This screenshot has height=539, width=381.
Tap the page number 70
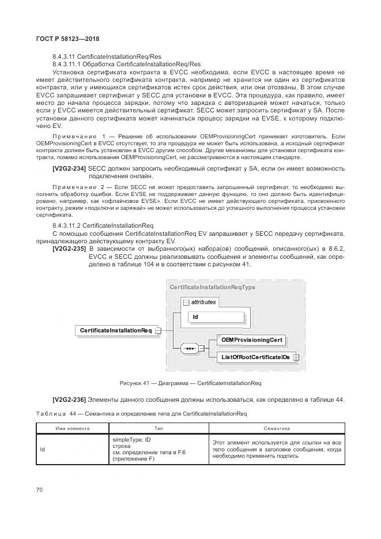coord(40,489)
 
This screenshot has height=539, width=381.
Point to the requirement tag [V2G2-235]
coord(69,248)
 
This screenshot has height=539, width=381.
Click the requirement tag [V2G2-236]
coord(69,400)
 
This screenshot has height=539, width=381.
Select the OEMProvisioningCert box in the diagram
coord(251,340)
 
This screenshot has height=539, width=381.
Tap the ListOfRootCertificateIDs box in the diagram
coord(255,357)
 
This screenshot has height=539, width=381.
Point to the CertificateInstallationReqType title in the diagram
coord(212,287)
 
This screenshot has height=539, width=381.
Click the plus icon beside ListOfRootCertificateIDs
coord(296,357)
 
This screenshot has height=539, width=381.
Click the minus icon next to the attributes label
coord(184,302)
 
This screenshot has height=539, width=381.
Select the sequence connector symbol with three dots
coord(188,349)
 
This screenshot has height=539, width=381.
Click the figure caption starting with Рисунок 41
coord(190,383)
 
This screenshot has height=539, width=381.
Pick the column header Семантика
coord(276,428)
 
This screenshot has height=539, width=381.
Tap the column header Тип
coord(159,428)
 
